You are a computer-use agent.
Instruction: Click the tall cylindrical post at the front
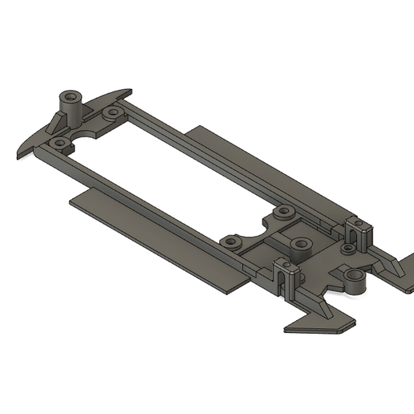(x=71, y=104)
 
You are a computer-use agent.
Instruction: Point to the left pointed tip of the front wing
(x=18, y=150)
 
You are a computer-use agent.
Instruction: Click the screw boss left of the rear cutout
(x=233, y=241)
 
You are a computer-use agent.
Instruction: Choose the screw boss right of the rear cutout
(x=282, y=213)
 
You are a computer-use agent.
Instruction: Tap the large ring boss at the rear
(x=353, y=278)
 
